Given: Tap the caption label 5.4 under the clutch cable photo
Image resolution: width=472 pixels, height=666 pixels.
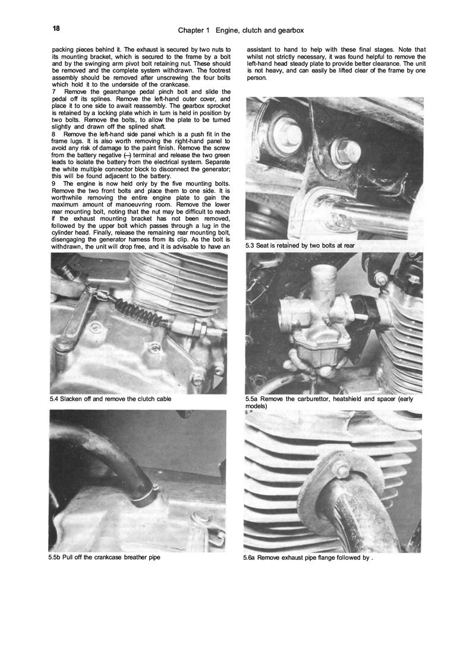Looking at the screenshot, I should (56, 399).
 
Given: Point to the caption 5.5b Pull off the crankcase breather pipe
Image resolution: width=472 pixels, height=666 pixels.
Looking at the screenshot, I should (105, 557).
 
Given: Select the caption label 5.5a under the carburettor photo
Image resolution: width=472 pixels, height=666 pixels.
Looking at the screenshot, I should (252, 399).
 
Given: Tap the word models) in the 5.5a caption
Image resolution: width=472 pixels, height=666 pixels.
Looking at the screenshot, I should (256, 407).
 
